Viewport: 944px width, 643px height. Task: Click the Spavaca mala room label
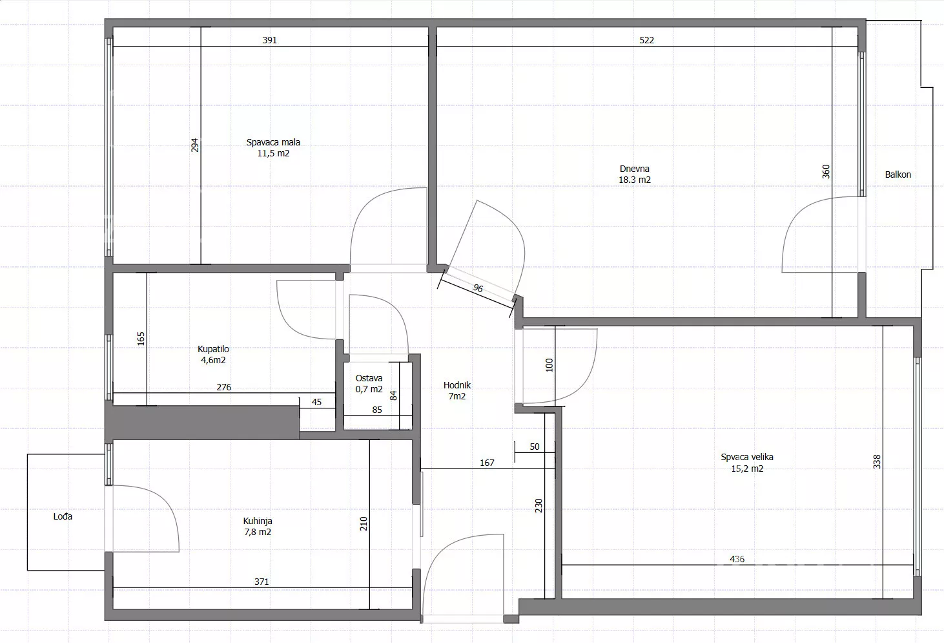pos(273,148)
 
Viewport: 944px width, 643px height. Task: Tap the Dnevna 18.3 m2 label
pos(634,174)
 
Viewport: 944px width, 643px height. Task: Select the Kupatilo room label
pos(213,354)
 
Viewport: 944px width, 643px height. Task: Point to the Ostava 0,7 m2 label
pos(369,383)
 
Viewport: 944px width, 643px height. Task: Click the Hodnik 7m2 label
pos(457,390)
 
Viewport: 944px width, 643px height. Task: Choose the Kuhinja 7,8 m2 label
pos(258,526)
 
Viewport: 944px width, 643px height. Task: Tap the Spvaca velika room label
pos(747,463)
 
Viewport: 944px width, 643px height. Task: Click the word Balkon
pos(898,174)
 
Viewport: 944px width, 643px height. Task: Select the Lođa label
pos(63,516)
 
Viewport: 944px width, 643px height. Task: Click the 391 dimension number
pos(270,40)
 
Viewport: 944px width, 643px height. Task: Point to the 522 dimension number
pos(647,40)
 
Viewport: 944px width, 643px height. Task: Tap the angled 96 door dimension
pos(478,288)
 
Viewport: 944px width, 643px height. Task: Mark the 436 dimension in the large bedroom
pos(737,559)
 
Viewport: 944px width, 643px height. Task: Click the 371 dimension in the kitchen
pos(262,582)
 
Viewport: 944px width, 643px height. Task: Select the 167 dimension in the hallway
pos(487,463)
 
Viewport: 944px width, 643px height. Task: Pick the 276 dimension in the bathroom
pos(224,387)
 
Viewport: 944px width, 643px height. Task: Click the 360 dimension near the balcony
pos(826,171)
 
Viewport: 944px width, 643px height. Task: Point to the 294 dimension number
pos(194,145)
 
